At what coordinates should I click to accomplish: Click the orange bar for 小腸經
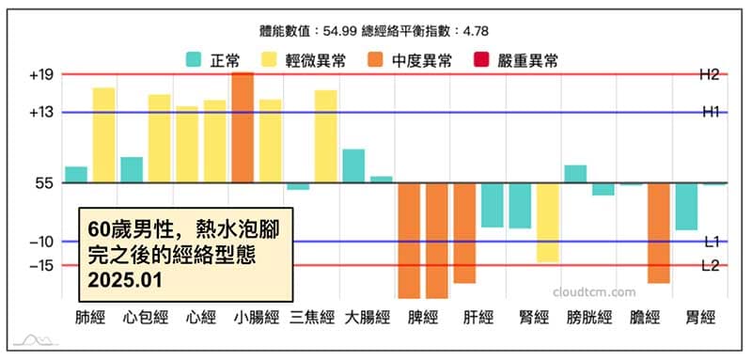(243, 127)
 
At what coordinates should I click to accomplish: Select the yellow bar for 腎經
(548, 223)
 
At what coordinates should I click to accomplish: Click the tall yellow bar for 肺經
(103, 135)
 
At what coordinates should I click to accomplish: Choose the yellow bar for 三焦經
(325, 136)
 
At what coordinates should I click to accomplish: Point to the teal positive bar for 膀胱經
(575, 174)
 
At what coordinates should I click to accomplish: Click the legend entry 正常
(213, 61)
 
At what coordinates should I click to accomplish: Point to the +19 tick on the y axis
(45, 74)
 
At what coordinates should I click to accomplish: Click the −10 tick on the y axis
(45, 242)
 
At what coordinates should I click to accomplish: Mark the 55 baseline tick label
(45, 183)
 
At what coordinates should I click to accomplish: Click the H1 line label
(710, 112)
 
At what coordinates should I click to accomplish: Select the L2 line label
(710, 266)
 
